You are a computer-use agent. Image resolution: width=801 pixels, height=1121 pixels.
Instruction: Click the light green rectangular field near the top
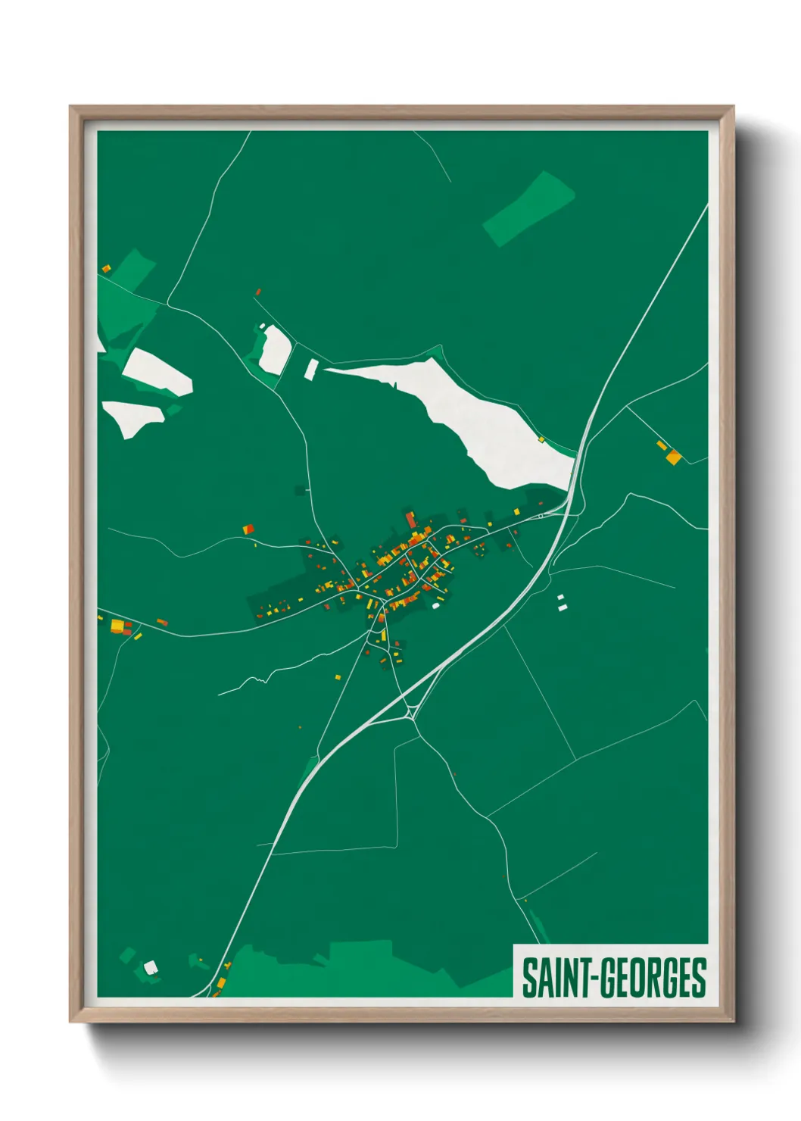(x=528, y=208)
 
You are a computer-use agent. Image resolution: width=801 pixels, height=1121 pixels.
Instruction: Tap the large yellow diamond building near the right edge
(x=673, y=457)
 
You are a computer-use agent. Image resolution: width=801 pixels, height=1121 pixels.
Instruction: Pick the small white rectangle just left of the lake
(x=311, y=369)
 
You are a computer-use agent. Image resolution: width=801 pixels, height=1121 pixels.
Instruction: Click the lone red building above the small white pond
(x=258, y=292)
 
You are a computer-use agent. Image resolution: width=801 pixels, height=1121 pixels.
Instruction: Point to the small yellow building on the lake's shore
(x=541, y=439)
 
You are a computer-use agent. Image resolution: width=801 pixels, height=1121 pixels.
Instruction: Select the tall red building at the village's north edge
(x=411, y=520)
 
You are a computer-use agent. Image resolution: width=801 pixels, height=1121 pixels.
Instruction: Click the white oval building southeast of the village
(x=435, y=605)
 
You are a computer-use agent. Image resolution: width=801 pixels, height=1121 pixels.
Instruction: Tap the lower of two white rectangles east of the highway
(x=562, y=607)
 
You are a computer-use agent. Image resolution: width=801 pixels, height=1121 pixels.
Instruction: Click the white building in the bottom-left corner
(x=150, y=966)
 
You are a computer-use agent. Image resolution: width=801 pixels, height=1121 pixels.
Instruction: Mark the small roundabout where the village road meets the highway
(x=540, y=517)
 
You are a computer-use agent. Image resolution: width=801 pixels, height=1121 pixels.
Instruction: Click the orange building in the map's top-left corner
(x=106, y=269)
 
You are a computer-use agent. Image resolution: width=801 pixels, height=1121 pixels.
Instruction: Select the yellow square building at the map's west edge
(x=117, y=626)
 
